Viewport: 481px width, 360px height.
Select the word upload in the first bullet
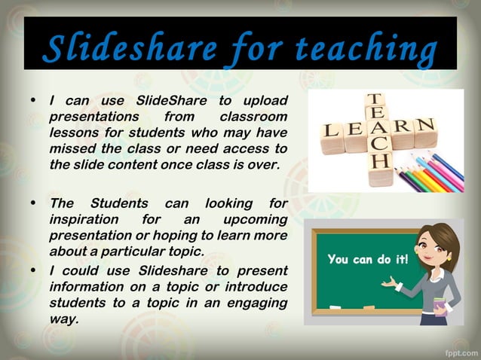point(266,102)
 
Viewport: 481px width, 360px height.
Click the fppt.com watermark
point(458,350)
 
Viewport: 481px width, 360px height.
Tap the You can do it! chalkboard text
point(368,260)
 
